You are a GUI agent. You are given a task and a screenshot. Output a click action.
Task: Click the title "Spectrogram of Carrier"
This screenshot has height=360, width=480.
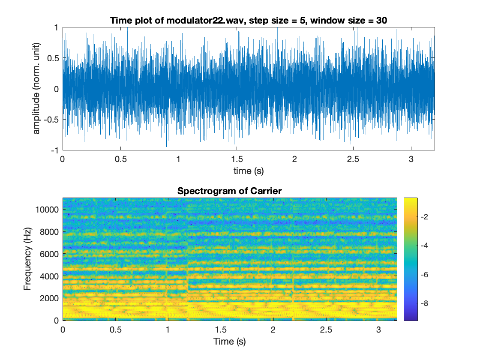coord(229,191)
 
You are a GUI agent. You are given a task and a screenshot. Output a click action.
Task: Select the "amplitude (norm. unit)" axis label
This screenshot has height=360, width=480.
coord(37,89)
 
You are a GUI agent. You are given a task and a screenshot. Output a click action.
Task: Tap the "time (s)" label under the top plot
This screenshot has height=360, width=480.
coord(249,171)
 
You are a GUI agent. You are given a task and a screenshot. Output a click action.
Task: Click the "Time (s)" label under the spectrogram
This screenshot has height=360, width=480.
coord(230,341)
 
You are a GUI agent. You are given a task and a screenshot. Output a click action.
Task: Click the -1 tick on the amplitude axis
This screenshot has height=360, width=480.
coord(55,150)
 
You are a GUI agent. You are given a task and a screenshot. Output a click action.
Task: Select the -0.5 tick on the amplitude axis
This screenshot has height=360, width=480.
coord(51,120)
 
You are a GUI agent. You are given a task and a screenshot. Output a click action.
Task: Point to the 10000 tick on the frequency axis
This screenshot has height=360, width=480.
coord(49,210)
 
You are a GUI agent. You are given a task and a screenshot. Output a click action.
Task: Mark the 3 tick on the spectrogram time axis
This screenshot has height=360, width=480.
coord(378,330)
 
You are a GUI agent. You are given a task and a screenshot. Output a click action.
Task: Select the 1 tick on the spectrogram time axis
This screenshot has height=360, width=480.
coord(168,330)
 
